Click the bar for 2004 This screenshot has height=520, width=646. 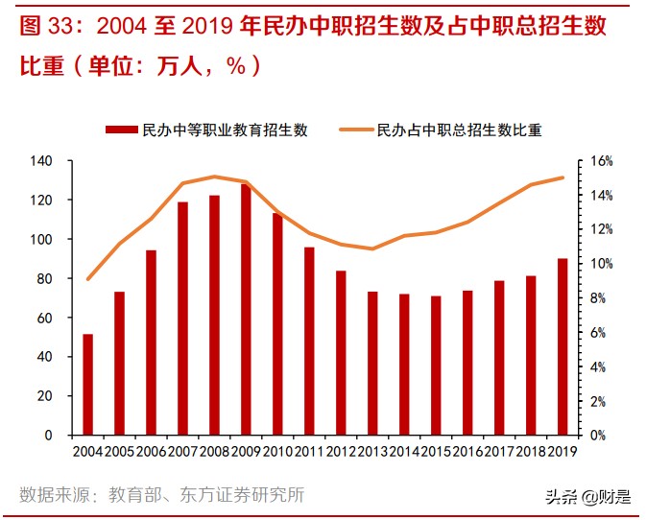[x=88, y=384]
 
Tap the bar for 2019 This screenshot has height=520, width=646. [x=562, y=346]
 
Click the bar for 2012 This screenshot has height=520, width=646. [x=341, y=352]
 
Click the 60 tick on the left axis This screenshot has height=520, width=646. [x=57, y=318]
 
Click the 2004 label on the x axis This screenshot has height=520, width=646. [x=87, y=451]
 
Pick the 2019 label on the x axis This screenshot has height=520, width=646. [x=562, y=451]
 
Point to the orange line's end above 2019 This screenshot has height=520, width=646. [x=562, y=177]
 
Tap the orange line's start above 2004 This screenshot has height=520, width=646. [x=88, y=279]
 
